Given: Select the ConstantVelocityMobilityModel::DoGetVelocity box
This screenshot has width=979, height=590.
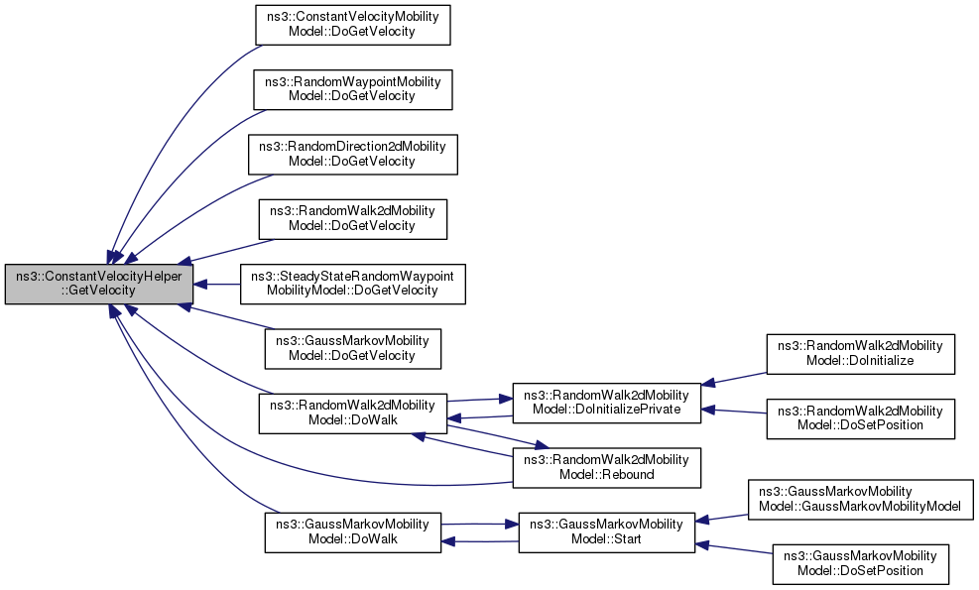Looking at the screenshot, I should click(x=352, y=23).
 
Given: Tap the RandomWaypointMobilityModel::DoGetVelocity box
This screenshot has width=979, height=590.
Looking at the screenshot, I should click(x=352, y=88).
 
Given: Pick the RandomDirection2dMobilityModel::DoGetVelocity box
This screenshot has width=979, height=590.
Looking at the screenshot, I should click(x=352, y=153).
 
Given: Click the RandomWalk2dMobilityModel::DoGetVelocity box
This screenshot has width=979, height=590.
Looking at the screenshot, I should click(x=352, y=218).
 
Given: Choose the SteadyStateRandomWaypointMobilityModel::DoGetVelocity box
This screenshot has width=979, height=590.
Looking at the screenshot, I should click(x=353, y=283).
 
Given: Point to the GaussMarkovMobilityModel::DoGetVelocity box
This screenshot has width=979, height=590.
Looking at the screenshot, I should click(x=352, y=348).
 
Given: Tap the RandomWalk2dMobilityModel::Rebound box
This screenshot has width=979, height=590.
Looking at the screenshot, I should click(x=605, y=467).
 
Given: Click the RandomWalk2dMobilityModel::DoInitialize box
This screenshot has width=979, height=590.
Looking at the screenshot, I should click(x=859, y=354).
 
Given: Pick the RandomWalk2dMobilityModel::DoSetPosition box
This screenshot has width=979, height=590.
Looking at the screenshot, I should click(x=859, y=418).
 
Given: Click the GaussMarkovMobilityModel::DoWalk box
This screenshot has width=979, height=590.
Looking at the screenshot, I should click(x=352, y=531).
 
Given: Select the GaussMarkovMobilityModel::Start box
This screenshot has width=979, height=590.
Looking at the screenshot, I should click(x=605, y=531).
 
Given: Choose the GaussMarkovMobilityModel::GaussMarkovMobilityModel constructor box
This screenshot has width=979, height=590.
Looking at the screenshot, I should click(x=860, y=499).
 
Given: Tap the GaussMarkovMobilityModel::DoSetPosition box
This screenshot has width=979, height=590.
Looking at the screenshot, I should click(x=859, y=563).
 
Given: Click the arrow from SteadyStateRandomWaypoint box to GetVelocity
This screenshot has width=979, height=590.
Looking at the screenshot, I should click(x=220, y=284).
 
